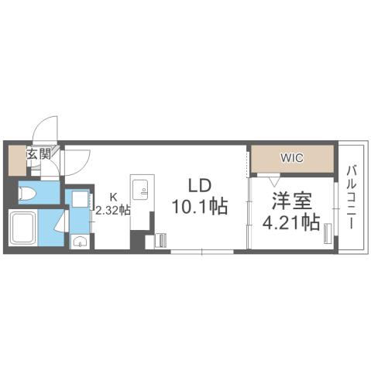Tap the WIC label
click(x=291, y=158)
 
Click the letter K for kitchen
click(x=112, y=197)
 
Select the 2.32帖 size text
click(x=112, y=209)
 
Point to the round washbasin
click(x=78, y=242)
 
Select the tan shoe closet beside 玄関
click(x=15, y=160)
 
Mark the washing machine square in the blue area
click(x=78, y=198)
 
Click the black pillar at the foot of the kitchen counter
click(x=149, y=242)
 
